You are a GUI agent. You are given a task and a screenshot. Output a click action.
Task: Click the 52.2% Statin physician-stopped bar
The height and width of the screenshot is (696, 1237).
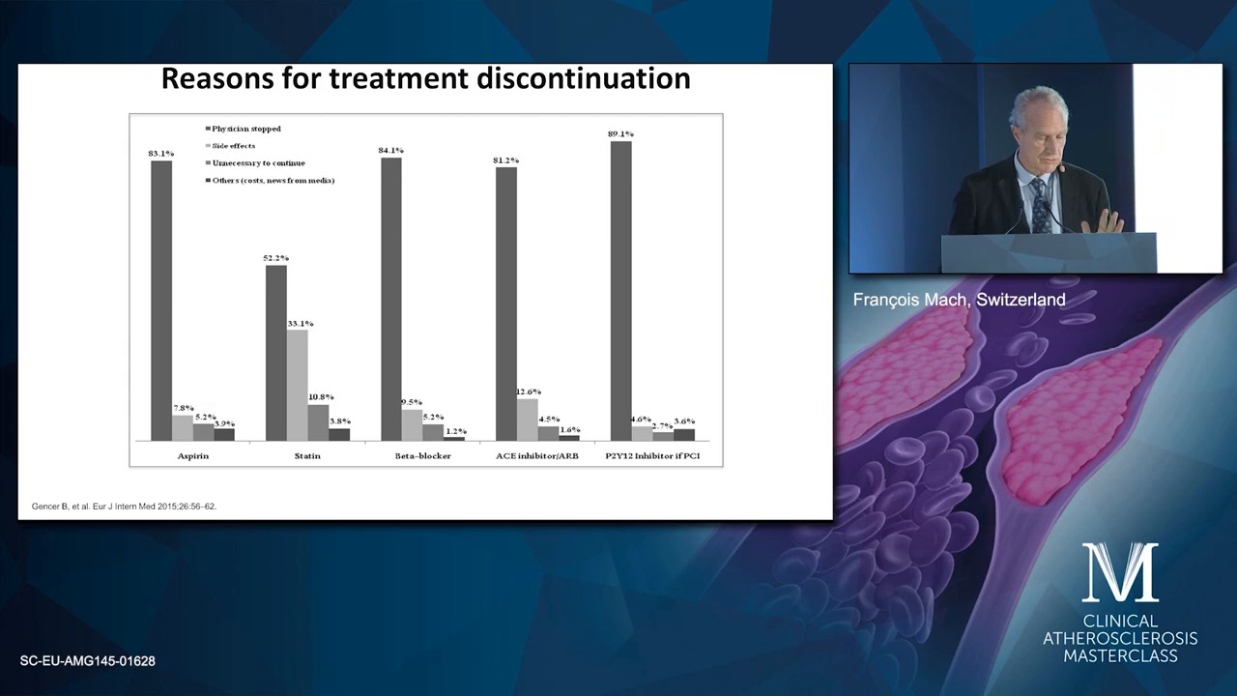276,353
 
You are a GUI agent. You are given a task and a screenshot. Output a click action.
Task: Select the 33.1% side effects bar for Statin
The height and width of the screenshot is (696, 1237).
297,385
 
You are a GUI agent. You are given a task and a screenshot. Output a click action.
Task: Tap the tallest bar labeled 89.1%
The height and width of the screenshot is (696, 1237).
621,291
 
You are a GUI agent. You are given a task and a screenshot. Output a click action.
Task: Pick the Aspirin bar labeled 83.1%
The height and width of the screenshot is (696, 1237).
161,301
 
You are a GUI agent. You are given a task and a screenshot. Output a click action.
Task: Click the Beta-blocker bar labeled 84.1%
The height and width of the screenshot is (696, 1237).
391,300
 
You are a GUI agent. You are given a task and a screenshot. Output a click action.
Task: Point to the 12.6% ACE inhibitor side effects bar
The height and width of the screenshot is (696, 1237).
528,420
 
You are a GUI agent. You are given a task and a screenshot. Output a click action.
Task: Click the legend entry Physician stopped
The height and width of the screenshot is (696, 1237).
243,129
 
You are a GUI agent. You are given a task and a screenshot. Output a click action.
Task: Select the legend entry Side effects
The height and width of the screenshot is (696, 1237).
230,146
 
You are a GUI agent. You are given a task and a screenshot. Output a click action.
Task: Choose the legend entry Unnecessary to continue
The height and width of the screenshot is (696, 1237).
255,163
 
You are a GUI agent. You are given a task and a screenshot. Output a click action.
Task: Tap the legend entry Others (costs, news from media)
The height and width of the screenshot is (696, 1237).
270,181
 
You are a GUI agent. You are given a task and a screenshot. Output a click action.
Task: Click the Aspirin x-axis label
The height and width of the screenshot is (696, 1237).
193,456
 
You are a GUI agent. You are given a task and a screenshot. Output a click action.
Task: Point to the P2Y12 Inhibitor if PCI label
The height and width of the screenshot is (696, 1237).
652,456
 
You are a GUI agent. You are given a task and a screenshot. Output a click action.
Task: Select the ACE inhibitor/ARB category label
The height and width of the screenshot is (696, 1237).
537,456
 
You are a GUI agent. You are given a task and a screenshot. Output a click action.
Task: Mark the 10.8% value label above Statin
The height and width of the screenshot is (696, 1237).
321,397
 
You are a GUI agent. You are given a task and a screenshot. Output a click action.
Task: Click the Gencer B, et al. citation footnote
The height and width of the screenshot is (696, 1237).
125,506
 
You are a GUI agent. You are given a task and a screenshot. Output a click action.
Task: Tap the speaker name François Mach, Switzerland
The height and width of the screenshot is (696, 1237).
960,300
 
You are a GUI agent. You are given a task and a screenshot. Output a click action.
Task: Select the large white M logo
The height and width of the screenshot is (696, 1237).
1120,572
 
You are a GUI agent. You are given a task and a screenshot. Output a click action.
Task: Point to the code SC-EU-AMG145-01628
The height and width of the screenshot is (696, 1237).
88,661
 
